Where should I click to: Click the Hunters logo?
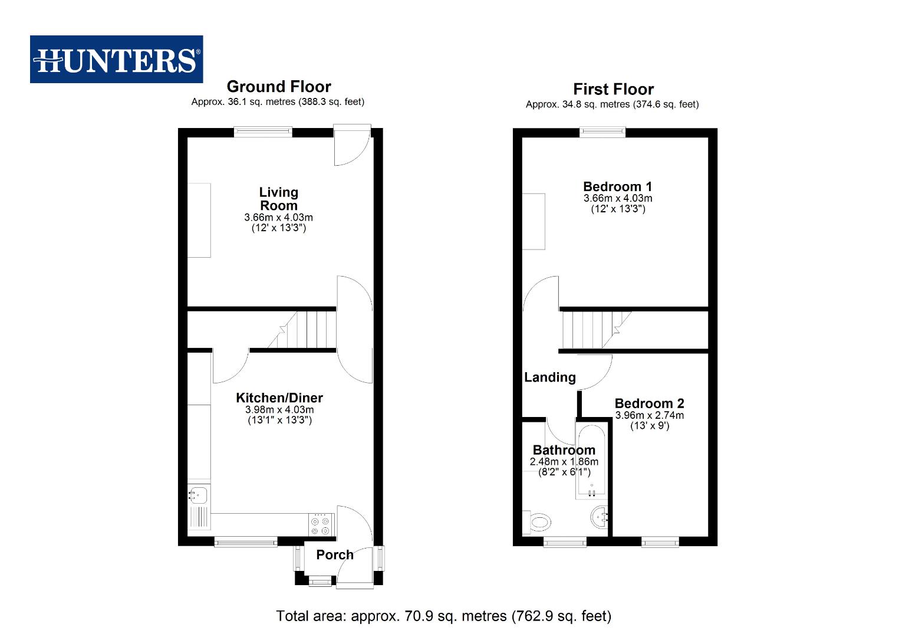coord(116,59)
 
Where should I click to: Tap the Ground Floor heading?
coord(278,86)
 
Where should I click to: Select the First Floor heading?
coord(613,88)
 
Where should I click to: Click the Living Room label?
coord(278,199)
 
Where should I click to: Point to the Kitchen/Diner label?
coord(279,398)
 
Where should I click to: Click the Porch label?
coord(335,554)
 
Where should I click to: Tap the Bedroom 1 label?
coord(617,186)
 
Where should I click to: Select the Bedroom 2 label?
coord(650,403)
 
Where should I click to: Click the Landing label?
coord(550,377)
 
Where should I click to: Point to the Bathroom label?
coord(564,450)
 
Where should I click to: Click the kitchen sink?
coord(198,495)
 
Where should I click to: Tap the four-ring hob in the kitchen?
coord(321,526)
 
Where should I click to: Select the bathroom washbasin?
coord(600,517)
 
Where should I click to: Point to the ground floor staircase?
coord(302,329)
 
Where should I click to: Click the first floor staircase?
coord(597,330)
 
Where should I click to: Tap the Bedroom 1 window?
coord(602,132)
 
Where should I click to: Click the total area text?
coord(443,616)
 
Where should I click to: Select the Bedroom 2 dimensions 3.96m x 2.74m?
coord(650,415)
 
